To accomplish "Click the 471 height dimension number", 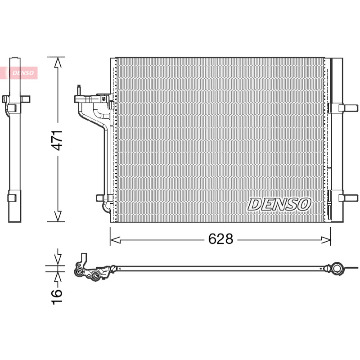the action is (57, 140).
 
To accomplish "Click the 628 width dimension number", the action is (220, 239).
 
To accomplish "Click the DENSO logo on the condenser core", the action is (279, 204).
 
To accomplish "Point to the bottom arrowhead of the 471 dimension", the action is (58, 216).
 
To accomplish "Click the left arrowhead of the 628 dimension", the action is (115, 240).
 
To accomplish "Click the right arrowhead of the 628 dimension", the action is (326, 240).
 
